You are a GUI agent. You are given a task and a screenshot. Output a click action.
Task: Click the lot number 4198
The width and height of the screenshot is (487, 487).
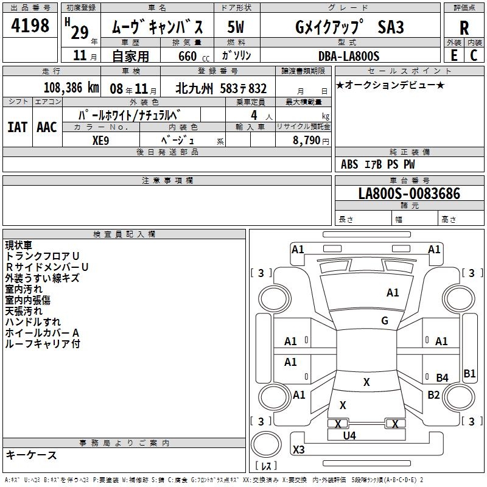30,26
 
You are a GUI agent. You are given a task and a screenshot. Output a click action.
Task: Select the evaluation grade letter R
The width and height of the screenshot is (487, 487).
464,28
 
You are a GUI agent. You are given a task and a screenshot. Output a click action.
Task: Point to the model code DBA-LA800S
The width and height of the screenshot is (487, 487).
348,56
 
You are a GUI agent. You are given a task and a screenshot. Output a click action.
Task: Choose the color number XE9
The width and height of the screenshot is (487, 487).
101,139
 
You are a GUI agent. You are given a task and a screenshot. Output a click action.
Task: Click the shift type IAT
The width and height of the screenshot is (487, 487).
18,127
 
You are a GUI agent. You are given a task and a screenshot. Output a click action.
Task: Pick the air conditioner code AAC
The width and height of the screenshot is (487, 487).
47,127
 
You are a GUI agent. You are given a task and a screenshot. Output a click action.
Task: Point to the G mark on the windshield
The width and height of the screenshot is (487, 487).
385,321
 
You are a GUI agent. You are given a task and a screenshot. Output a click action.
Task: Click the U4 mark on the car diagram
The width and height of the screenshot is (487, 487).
349,435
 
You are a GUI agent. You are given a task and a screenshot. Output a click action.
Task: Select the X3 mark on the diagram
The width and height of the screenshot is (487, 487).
299,450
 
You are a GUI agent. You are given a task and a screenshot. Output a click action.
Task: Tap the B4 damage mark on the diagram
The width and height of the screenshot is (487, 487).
442,378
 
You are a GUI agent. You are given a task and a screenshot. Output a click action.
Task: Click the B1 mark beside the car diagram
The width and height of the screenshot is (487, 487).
469,374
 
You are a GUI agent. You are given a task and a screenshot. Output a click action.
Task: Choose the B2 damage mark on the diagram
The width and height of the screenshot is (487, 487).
433,395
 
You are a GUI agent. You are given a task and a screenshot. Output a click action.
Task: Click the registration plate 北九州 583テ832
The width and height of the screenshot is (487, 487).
221,88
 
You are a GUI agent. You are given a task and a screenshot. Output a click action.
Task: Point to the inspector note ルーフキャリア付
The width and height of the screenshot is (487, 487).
43,344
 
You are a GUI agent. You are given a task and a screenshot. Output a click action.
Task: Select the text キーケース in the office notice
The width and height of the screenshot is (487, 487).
32,455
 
